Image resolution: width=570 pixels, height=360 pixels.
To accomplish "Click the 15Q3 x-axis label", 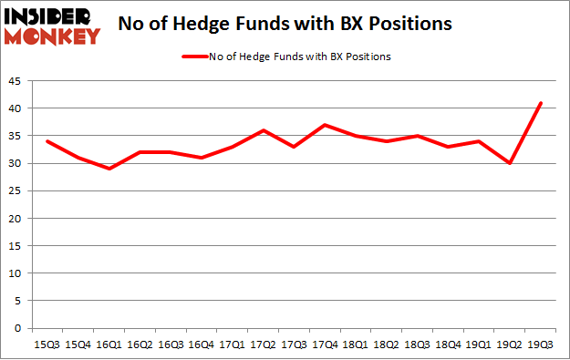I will pyautogui.click(x=47, y=345).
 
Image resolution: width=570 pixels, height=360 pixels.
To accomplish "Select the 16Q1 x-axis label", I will pyautogui.click(x=109, y=345).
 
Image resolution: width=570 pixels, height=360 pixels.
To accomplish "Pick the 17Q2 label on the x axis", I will pyautogui.click(x=264, y=345).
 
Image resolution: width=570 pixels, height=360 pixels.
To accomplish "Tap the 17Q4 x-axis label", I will pyautogui.click(x=326, y=345).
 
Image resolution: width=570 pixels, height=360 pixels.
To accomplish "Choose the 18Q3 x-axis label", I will pyautogui.click(x=419, y=345).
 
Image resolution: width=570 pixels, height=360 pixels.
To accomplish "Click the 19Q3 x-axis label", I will pyautogui.click(x=543, y=345).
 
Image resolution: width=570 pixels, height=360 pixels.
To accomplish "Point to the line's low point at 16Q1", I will pyautogui.click(x=109, y=169).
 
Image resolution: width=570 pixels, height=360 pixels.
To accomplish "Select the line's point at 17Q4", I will pyautogui.click(x=326, y=125).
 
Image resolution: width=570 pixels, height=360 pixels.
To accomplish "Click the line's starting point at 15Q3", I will pyautogui.click(x=47, y=141).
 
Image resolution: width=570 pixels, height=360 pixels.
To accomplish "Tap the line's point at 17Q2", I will pyautogui.click(x=264, y=130).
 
